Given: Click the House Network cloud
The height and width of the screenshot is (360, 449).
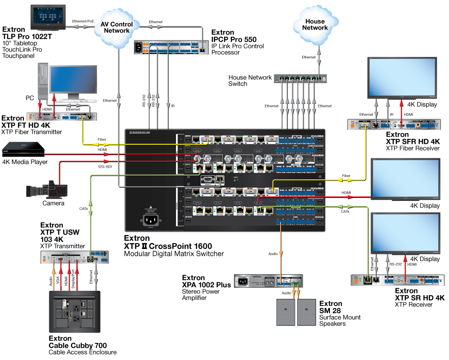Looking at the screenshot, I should click(x=315, y=25).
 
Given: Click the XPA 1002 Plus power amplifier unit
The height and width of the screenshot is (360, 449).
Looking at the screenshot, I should click(x=268, y=282).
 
